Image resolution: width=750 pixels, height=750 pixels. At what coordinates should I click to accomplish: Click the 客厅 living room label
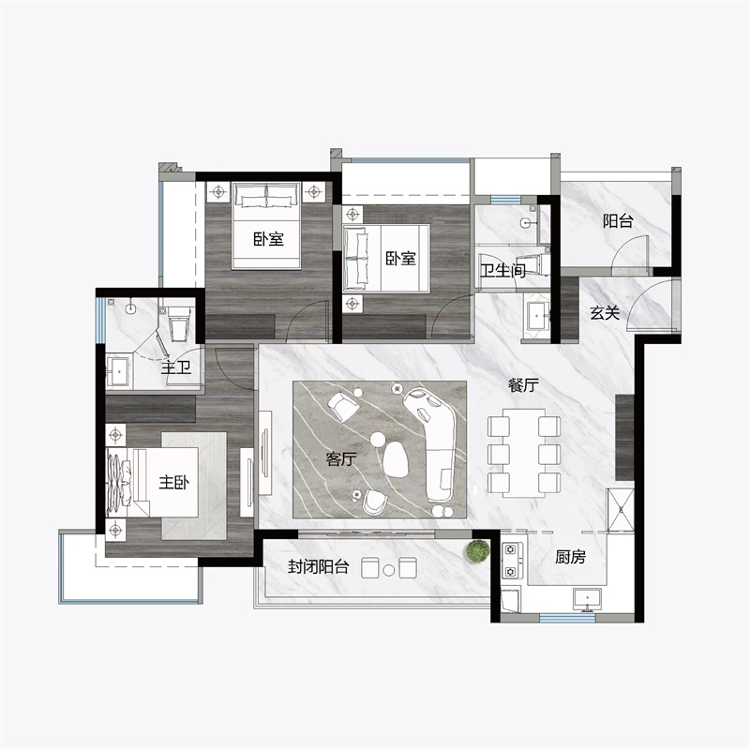click(x=341, y=459)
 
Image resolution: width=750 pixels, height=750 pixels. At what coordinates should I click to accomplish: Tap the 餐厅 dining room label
click(x=523, y=385)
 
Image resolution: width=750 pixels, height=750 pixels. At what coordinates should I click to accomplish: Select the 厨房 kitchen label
click(x=570, y=557)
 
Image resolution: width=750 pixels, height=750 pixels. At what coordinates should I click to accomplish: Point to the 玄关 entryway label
click(x=605, y=313)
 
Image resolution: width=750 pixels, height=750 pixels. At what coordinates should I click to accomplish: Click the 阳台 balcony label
click(x=618, y=221)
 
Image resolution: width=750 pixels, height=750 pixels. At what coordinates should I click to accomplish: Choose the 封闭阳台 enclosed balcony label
click(x=318, y=567)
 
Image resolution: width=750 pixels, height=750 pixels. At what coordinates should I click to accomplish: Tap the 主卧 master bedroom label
click(x=174, y=482)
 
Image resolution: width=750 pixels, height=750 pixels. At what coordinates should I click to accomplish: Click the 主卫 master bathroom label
click(x=175, y=367)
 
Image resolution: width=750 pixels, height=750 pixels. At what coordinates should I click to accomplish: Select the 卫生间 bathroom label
click(x=502, y=271)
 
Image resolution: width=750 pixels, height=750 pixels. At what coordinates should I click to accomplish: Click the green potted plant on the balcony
click(x=478, y=550)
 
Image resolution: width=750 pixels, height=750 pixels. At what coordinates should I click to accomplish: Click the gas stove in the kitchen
click(x=511, y=560)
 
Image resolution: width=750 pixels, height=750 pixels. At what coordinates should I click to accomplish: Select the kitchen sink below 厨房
click(x=588, y=600)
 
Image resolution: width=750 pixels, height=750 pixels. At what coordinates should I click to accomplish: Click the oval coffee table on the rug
click(x=396, y=459)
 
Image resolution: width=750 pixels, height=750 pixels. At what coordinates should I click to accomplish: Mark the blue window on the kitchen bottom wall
click(x=568, y=618)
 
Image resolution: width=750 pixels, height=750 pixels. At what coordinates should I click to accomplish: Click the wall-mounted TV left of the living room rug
click(x=265, y=452)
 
